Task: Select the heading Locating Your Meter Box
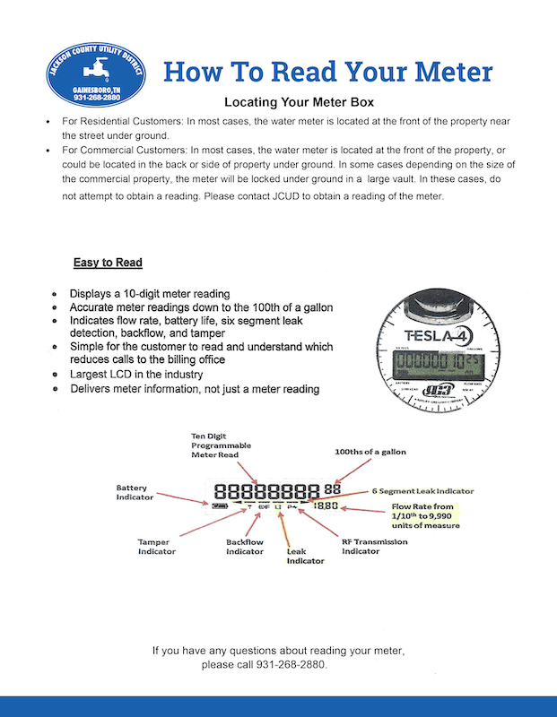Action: pos(305,102)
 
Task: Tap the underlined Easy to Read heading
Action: pos(108,263)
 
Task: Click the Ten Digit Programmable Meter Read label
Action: pos(222,445)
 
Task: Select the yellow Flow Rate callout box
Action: pos(425,516)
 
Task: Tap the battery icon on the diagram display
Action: pos(220,505)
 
